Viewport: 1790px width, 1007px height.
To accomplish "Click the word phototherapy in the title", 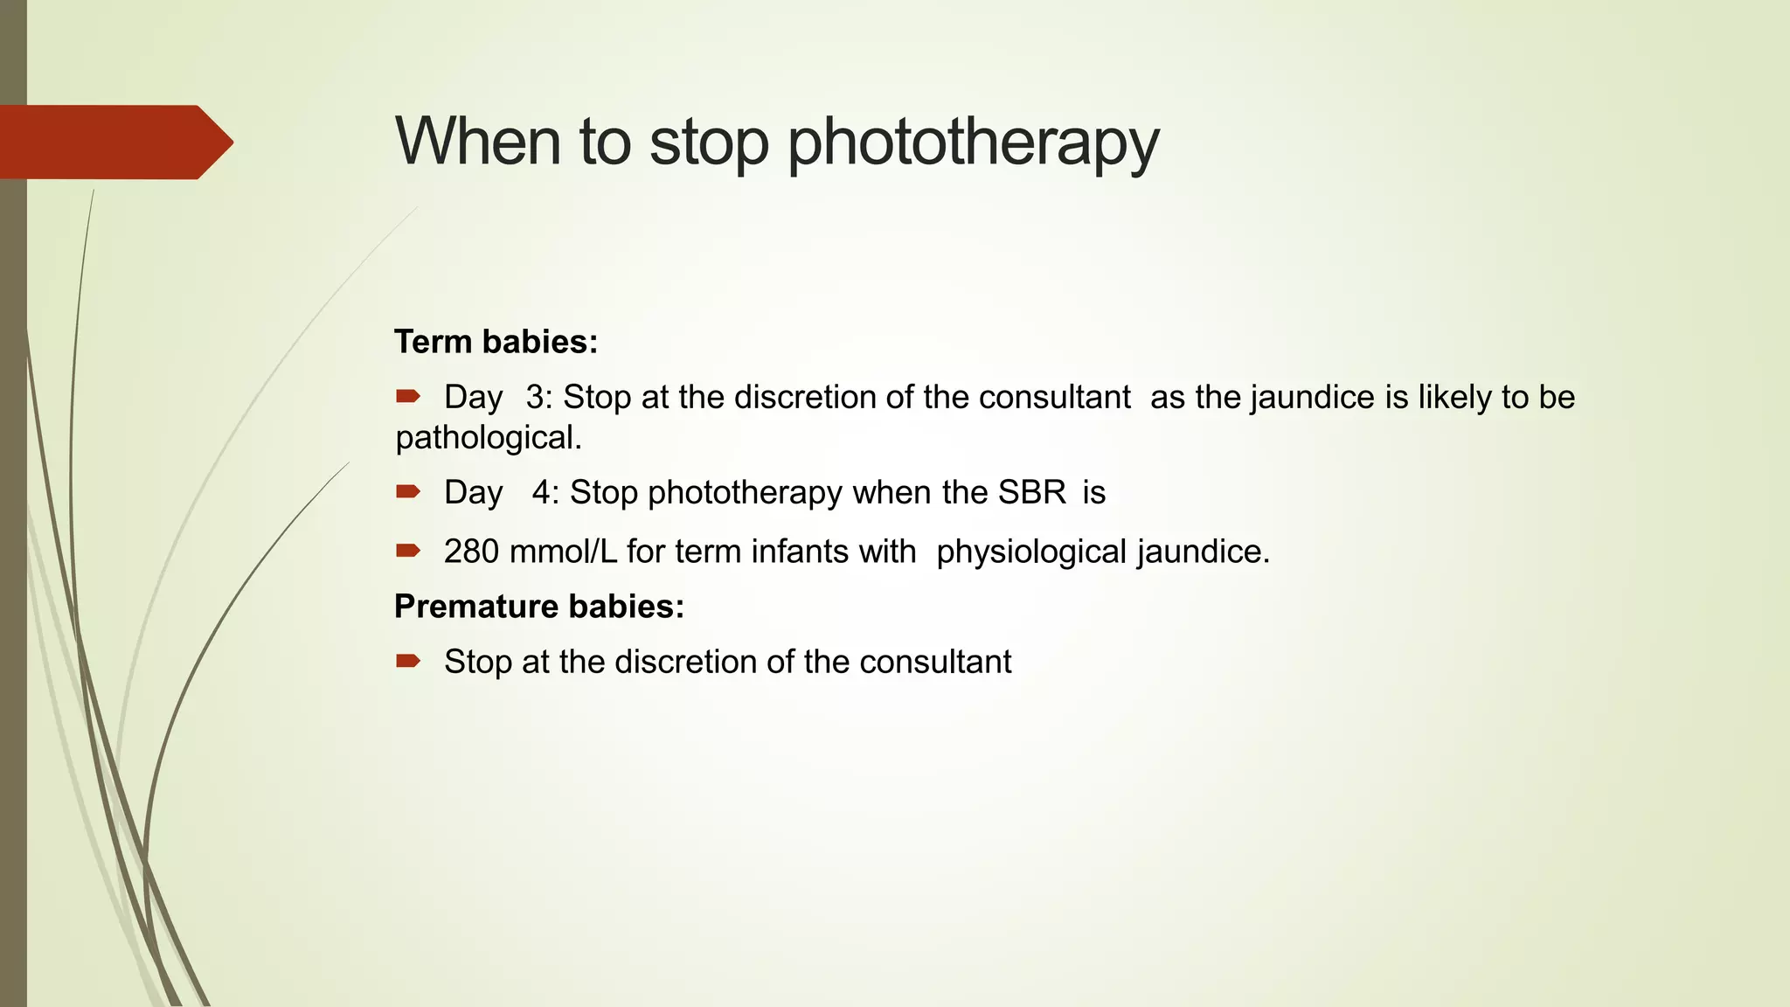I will tap(973, 142).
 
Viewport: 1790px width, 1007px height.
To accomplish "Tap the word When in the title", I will tap(477, 141).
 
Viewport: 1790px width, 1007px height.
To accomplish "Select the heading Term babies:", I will tap(496, 342).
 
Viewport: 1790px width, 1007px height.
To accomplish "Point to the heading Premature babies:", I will tap(538, 607).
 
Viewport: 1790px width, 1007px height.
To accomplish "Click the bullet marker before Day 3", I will tap(407, 397).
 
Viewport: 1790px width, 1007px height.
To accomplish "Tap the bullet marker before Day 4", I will tap(407, 492).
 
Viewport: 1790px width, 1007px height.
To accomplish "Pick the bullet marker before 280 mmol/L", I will tap(407, 551).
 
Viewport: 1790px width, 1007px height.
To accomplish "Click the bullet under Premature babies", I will tap(407, 661).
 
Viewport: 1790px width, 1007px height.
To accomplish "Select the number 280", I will tap(471, 552).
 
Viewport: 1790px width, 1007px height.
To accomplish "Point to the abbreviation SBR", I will tap(1032, 493).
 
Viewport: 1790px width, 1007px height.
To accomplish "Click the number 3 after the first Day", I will tap(535, 398).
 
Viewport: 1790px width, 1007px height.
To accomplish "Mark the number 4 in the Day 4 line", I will tap(542, 493).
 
